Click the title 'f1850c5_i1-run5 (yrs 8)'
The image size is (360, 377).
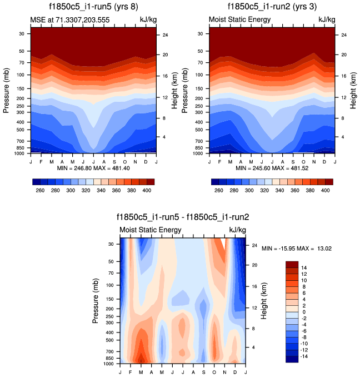coord(93,8)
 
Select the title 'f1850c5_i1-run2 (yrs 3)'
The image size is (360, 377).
coord(272,8)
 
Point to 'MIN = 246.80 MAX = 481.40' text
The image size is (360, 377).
coord(93,168)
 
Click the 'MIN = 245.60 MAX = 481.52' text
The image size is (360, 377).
coord(272,168)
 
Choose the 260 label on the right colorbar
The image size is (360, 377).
coord(218,190)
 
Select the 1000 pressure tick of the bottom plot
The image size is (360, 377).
coord(109,364)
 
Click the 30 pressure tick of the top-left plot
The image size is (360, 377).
coord(22,33)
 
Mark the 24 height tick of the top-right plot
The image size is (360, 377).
coord(344,35)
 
